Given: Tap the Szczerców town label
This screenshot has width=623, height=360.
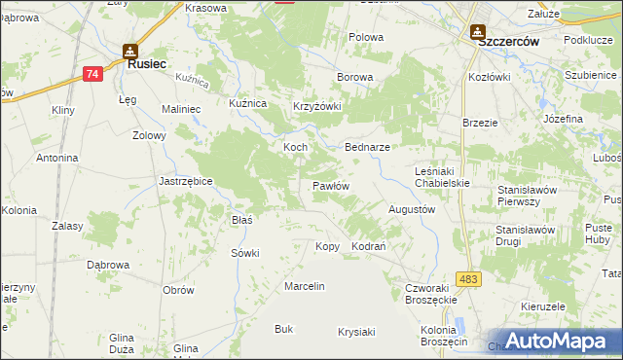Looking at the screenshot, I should (501, 42).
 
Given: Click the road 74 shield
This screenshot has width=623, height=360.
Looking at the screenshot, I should (92, 74).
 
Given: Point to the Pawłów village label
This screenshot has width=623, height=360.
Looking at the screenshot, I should (331, 185).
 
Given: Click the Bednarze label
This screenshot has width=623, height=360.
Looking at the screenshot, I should (368, 147).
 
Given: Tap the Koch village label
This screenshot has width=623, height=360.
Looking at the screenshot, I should (295, 147).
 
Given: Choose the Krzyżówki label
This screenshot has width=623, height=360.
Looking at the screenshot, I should (317, 107).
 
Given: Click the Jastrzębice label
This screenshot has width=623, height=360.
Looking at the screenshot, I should (186, 181).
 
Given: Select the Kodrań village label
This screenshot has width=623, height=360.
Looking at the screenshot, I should (370, 246).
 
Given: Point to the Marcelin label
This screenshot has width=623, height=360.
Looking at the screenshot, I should (304, 286).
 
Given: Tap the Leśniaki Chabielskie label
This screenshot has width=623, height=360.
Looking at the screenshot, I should (442, 174).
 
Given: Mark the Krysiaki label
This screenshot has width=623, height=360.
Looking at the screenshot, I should (356, 332).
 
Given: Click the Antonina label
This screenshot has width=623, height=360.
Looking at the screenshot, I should (56, 158).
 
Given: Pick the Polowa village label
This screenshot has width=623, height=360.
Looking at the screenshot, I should (367, 37).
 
